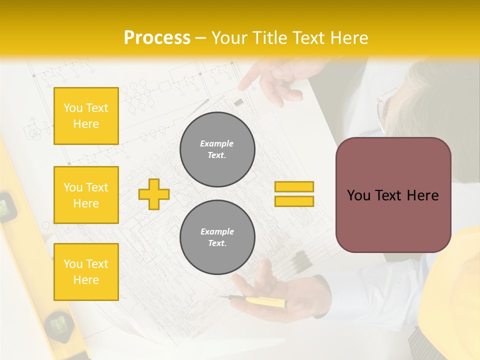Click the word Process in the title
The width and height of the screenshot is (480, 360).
click(157, 38)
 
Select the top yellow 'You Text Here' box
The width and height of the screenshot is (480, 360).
click(86, 116)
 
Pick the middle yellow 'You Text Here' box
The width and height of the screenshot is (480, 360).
click(86, 195)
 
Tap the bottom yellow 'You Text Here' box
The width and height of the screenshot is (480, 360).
click(86, 271)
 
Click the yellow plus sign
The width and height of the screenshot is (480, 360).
click(154, 194)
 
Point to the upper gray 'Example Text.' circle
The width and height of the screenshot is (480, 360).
click(217, 149)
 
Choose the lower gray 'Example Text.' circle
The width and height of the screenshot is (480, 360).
click(217, 237)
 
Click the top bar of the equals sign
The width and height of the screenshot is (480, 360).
click(294, 186)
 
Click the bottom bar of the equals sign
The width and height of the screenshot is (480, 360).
click(294, 201)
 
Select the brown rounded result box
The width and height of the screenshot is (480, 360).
click(393, 195)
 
